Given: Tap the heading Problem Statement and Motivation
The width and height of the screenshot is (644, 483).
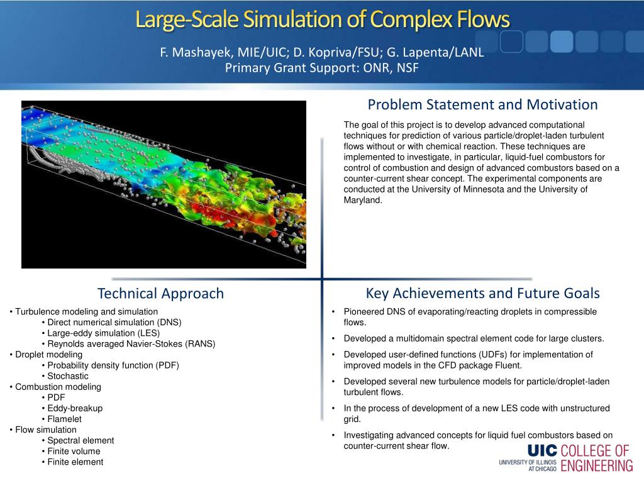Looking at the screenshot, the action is (x=482, y=104).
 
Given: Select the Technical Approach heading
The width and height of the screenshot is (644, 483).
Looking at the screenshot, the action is (x=160, y=293).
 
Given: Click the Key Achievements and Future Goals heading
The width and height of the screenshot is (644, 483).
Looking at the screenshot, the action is (x=482, y=293).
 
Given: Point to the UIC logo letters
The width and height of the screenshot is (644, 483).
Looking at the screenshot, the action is (x=542, y=450).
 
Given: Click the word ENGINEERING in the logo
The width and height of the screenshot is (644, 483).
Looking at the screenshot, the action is (x=597, y=466).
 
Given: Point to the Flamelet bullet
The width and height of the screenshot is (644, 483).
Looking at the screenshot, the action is (x=65, y=419).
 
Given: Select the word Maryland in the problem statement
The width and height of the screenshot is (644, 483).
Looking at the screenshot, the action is (x=363, y=201).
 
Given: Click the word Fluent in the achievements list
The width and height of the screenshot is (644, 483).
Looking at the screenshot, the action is (x=508, y=365).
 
